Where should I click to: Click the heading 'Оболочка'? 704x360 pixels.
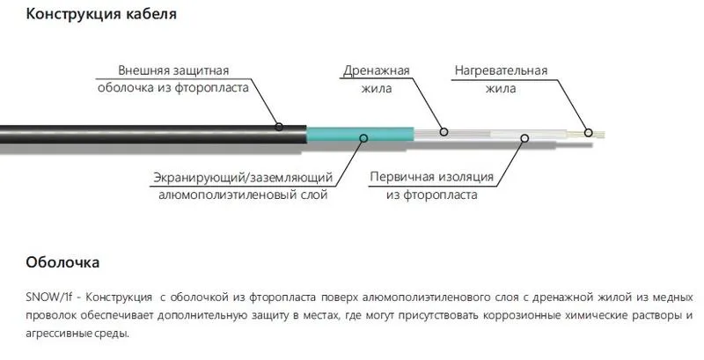click(62, 262)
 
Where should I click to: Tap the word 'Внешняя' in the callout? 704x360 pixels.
click(146, 70)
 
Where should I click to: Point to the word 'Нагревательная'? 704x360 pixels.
click(502, 70)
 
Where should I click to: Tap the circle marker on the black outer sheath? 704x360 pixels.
click(279, 127)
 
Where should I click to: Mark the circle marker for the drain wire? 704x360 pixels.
click(444, 133)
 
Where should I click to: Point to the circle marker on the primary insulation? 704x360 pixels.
click(524, 137)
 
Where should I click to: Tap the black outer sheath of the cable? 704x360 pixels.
click(132, 133)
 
